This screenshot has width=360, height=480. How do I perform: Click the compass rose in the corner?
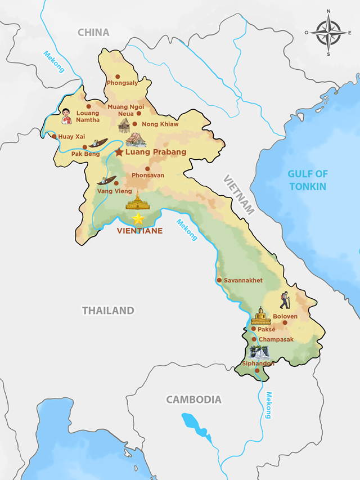tap(329, 33)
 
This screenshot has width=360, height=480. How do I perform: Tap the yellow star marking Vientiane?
tap(138, 218)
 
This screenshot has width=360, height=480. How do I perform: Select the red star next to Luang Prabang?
tap(119, 152)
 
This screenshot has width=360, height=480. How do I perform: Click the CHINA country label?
tap(93, 33)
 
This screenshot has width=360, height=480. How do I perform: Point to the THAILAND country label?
tap(108, 310)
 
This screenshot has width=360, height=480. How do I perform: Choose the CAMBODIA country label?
tap(193, 400)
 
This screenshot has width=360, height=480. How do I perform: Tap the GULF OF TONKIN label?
tap(307, 180)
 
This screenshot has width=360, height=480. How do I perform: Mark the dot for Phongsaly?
tap(118, 77)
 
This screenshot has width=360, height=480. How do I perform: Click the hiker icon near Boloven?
tap(285, 300)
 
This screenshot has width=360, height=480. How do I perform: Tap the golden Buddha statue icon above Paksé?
tap(260, 316)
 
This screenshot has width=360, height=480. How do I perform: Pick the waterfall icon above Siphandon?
tap(259, 352)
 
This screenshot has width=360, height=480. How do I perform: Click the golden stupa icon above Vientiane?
tap(136, 200)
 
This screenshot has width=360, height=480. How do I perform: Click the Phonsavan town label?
tap(148, 176)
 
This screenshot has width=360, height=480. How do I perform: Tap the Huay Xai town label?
tap(71, 136)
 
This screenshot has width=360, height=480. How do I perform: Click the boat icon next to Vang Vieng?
tap(106, 181)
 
